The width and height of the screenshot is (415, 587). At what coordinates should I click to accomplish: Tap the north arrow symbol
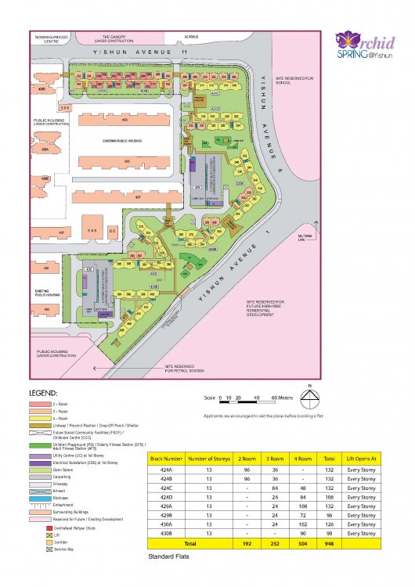coord(311,398)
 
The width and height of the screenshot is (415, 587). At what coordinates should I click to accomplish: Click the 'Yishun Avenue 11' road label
coord(141,52)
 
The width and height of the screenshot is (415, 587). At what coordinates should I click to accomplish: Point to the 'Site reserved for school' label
coord(298,81)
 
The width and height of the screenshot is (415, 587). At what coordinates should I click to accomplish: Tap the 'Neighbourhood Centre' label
coord(48,38)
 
